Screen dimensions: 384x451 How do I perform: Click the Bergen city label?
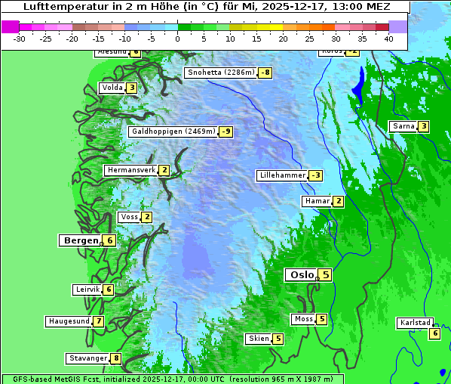tap(81, 240)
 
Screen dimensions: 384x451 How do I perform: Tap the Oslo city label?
tap(302, 275)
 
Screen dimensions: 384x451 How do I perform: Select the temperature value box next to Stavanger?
tap(116, 358)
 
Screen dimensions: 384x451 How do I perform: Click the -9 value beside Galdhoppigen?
tap(226, 132)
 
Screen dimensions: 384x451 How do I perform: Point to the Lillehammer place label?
tap(282, 175)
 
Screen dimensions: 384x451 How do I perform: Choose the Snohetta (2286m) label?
tap(220, 73)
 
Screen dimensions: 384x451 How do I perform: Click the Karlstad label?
tap(415, 323)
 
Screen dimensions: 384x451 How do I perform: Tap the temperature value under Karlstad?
tap(434, 333)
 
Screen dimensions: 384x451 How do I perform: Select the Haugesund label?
tap(69, 321)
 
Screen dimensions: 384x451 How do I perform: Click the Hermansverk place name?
tap(131, 170)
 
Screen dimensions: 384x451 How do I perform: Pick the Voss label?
tap(129, 217)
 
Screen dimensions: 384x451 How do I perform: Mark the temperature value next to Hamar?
tap(339, 201)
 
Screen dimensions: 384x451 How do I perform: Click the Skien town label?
tap(259, 339)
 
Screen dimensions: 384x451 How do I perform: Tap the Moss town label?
tap(303, 319)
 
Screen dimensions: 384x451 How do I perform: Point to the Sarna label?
tap(403, 126)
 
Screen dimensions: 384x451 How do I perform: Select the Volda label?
tap(112, 88)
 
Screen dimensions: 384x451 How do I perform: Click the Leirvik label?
tap(87, 290)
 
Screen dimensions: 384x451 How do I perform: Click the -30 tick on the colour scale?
tap(20, 39)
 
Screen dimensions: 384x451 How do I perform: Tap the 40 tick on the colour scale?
tap(388, 39)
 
